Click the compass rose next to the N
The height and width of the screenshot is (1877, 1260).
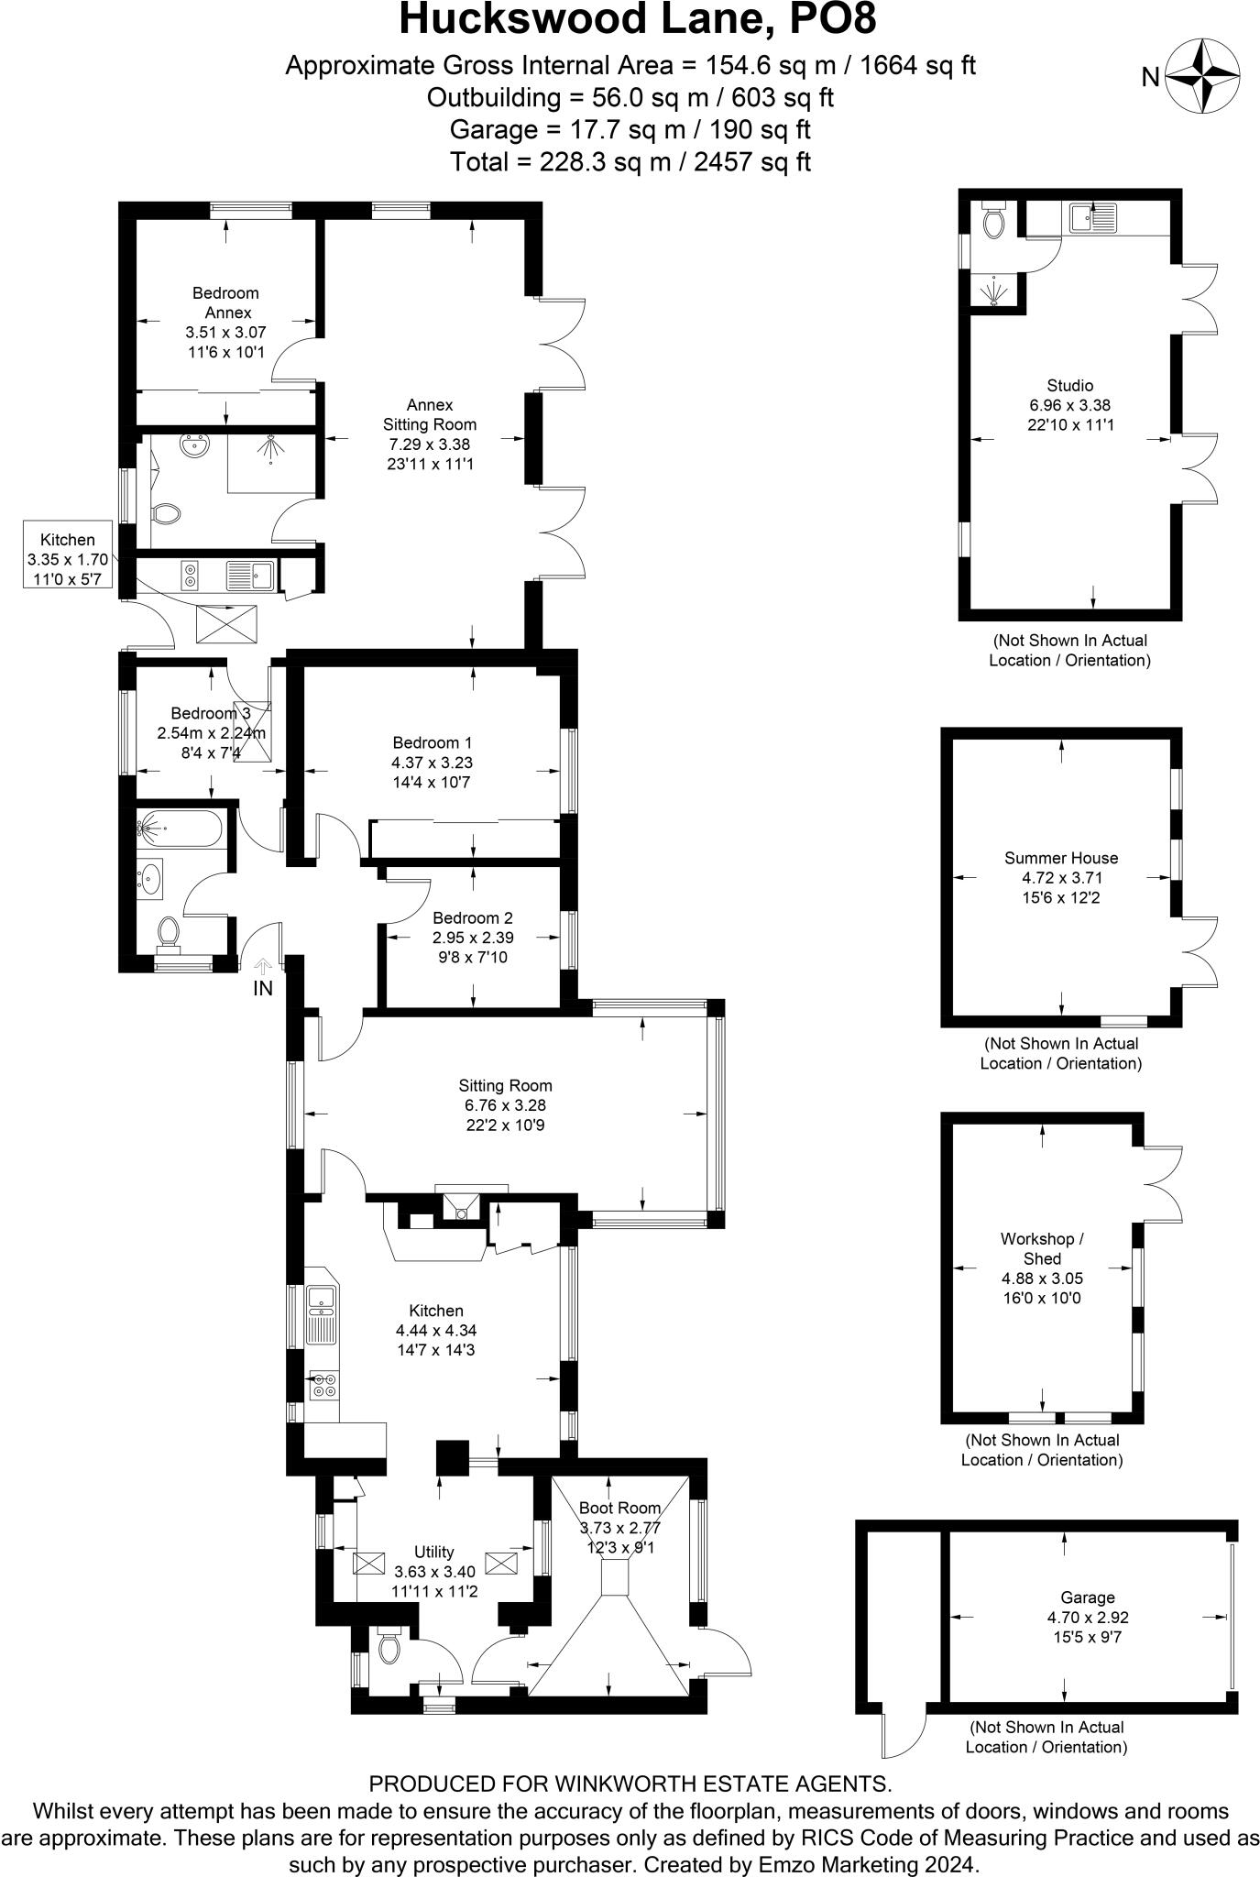1203,77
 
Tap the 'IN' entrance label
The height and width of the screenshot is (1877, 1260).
263,988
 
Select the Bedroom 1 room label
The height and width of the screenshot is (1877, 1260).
433,742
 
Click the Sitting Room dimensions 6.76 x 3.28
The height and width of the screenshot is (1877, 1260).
505,1105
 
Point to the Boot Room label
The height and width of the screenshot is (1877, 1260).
620,1508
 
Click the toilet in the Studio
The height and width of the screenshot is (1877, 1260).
992,219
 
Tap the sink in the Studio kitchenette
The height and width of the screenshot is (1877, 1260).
1092,218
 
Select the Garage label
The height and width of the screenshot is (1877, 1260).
1088,1597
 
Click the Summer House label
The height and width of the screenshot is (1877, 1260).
1061,858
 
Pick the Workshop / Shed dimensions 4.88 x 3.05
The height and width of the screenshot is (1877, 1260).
1042,1279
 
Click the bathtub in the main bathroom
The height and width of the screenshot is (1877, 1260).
178,829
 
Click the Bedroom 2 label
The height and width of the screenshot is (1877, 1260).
473,917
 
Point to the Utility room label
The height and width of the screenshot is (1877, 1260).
434,1552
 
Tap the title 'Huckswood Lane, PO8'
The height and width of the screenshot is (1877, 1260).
630,19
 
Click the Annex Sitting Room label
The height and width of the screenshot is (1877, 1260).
430,414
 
